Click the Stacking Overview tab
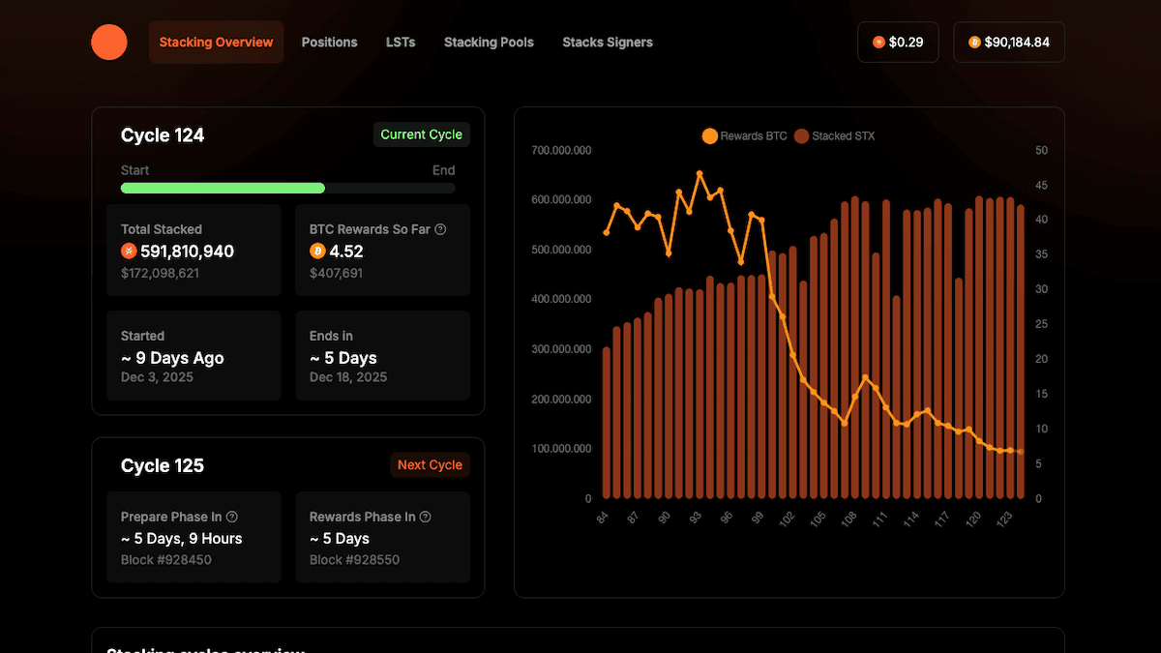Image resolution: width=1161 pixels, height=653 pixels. (x=216, y=43)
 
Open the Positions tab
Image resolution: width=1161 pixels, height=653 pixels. (x=329, y=43)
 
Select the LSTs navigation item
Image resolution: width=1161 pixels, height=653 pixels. (x=401, y=43)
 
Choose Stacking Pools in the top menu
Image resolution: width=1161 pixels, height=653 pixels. (x=489, y=43)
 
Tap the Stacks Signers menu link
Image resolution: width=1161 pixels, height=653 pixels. (x=608, y=43)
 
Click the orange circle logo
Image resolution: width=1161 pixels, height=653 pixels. (x=109, y=43)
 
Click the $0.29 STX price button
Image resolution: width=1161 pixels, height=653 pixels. (x=898, y=43)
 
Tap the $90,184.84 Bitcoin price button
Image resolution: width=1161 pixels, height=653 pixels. (x=1009, y=43)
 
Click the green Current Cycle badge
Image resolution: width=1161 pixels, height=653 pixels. (x=422, y=134)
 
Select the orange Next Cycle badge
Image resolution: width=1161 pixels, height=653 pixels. (x=430, y=465)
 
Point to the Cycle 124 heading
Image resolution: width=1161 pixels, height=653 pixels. (x=163, y=135)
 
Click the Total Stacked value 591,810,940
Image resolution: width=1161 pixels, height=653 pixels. (x=187, y=252)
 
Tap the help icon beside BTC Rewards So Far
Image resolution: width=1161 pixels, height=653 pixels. (x=441, y=229)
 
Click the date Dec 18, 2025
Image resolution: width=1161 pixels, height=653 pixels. (x=348, y=377)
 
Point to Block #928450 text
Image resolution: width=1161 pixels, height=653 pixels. (x=166, y=560)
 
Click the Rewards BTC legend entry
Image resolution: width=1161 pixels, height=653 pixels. (x=745, y=136)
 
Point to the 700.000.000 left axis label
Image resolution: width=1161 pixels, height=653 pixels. (x=561, y=151)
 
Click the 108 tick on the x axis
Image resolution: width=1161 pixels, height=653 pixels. (x=848, y=519)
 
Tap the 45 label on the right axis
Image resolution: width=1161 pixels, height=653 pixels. (x=1041, y=186)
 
